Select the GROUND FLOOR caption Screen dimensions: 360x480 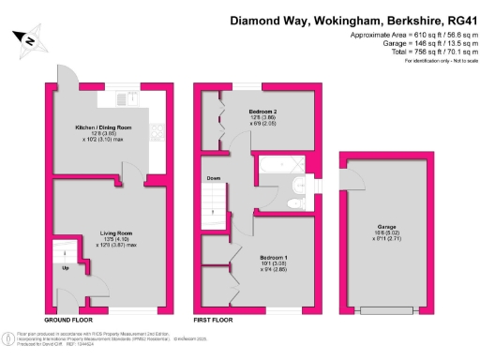pyautogui.click(x=67, y=321)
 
